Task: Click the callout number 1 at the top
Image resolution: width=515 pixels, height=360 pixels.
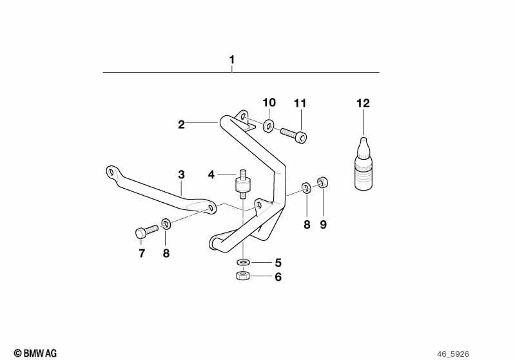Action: [x=232, y=60]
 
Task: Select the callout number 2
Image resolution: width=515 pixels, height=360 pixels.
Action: [x=181, y=125]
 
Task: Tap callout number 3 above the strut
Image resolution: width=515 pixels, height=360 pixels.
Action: [x=181, y=175]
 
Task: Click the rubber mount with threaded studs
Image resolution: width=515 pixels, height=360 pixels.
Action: [x=243, y=184]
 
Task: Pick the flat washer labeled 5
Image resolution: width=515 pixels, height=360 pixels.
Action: [x=243, y=262]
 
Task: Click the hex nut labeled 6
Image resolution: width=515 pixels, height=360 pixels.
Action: [x=243, y=276]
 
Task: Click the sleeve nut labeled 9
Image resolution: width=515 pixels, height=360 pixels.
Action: [x=323, y=182]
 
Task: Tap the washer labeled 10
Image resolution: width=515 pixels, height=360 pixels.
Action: [x=269, y=126]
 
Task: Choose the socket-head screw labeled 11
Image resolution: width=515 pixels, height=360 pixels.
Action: [x=294, y=135]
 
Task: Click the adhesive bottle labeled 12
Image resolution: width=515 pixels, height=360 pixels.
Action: [x=364, y=164]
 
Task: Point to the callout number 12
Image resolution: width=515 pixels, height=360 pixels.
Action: [x=363, y=104]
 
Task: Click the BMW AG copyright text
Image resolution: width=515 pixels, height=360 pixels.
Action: [x=35, y=353]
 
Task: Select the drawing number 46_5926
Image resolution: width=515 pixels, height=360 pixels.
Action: [x=453, y=354]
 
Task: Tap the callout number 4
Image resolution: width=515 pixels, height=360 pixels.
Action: [x=211, y=175]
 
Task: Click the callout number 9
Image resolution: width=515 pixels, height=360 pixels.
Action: [x=323, y=225]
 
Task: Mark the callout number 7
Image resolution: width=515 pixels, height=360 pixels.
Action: [x=142, y=253]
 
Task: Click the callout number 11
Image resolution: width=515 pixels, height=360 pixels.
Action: [x=300, y=104]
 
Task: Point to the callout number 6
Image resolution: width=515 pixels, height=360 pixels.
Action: [x=278, y=277]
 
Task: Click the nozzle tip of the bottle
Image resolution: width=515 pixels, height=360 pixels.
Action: [x=364, y=138]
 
